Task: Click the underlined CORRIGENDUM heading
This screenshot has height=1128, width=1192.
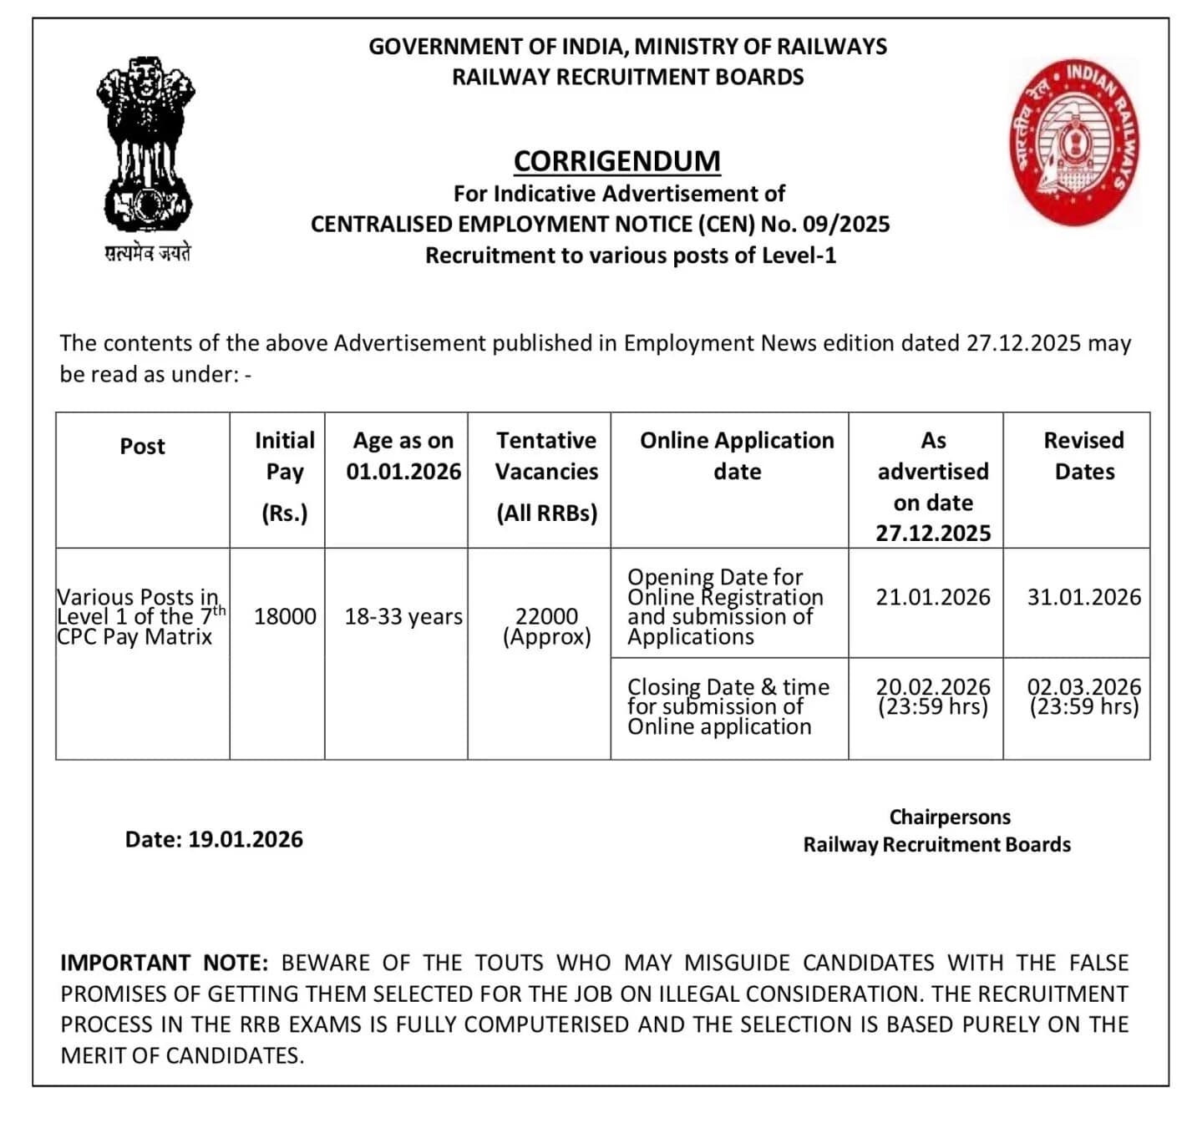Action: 616,160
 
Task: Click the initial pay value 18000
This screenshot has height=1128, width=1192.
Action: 285,616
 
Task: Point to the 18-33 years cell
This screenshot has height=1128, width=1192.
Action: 403,616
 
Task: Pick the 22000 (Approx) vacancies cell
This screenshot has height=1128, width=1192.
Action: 546,626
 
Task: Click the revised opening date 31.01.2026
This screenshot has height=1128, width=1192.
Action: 1083,597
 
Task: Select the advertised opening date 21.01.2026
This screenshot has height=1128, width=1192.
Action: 932,597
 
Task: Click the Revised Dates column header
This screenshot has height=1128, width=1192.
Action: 1083,456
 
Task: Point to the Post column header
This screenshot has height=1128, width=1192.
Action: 143,446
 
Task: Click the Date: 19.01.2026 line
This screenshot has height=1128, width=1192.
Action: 214,839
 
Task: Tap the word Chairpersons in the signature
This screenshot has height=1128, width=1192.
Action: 949,817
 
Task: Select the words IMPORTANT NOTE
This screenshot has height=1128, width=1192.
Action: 164,963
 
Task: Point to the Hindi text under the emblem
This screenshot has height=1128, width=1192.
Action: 147,253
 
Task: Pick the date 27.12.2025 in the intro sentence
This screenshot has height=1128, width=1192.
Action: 1023,343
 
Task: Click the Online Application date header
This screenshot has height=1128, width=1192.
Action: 737,456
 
